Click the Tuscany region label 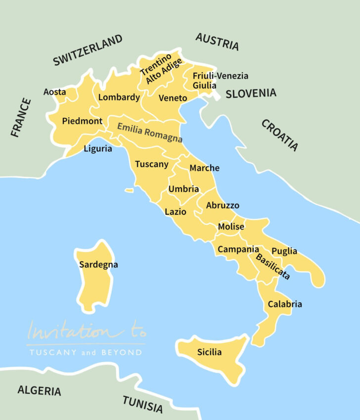(152, 164)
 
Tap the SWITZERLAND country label (88, 50)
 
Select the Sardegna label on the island (98, 265)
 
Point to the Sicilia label (209, 352)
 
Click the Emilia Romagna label (150, 133)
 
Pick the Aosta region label (54, 92)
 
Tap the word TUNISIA (142, 404)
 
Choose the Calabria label (284, 304)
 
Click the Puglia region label (284, 251)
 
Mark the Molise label (231, 227)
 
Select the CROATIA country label (280, 135)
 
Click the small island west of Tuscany (129, 190)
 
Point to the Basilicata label (272, 267)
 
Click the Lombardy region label (119, 97)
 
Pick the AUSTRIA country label (217, 42)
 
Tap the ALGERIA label (40, 390)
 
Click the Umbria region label (183, 189)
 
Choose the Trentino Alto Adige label (160, 72)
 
